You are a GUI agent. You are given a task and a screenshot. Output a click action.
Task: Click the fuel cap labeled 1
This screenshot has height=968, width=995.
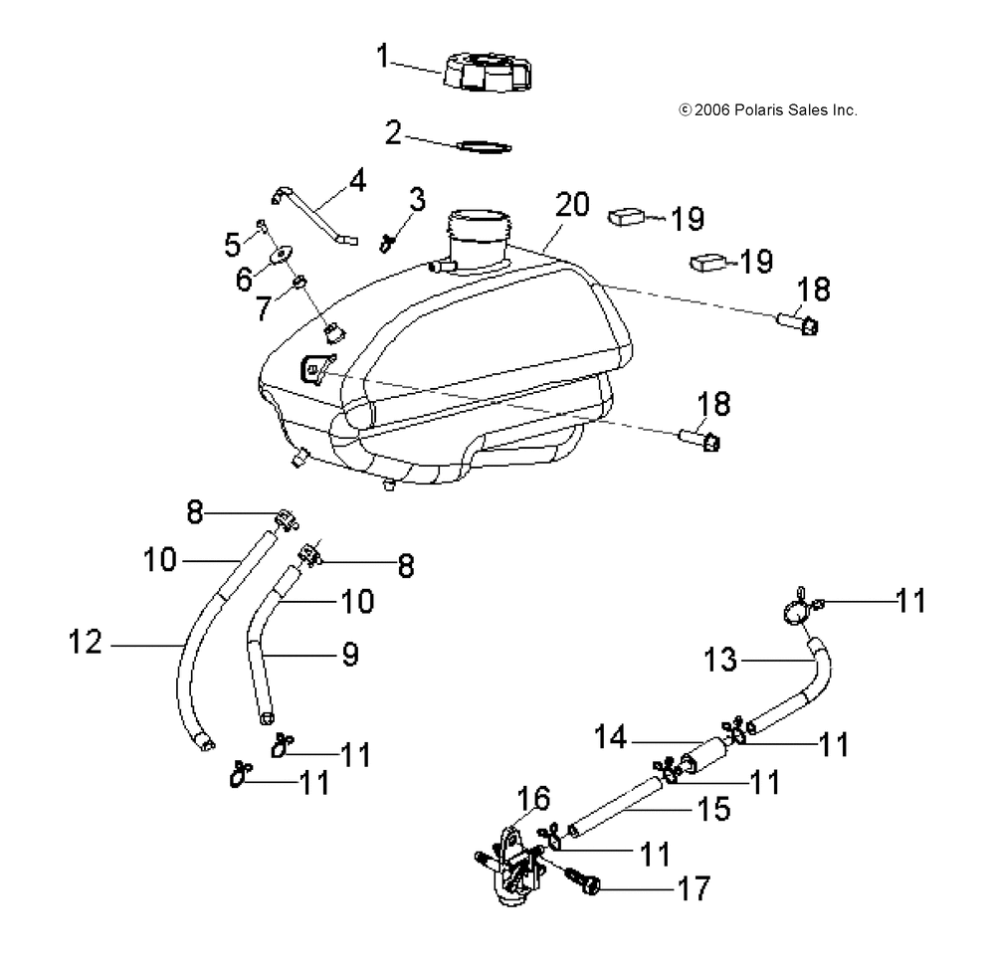coord(488,72)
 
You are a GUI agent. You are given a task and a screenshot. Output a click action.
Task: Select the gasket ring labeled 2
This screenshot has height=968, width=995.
coord(485,146)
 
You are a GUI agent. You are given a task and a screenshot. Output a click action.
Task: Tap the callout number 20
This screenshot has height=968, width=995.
coord(572,204)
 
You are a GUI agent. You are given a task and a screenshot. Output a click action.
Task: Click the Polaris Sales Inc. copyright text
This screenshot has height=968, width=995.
coord(768,110)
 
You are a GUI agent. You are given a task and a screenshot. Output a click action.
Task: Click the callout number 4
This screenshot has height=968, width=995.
coord(358,180)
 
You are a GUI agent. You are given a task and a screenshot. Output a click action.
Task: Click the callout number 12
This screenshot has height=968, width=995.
coord(85,642)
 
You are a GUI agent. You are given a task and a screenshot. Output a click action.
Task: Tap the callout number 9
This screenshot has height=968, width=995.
coord(350,654)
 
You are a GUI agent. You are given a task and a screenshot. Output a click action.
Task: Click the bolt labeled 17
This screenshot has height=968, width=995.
coord(584,880)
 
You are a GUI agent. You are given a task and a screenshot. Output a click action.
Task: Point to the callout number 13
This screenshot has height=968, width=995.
coord(720,660)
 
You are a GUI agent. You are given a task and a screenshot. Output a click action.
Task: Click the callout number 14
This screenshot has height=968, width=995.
coord(611,737)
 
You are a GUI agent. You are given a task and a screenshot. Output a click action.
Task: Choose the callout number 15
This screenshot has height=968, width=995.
coord(713,809)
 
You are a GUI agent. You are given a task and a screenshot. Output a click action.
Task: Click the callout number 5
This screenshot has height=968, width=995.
coord(233,244)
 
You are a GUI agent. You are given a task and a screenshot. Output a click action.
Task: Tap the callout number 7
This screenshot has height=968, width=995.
coord(264,308)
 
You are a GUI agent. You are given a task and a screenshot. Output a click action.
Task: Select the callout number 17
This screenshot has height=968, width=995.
coord(695,888)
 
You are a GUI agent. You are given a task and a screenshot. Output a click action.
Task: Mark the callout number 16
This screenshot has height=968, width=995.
coord(533,798)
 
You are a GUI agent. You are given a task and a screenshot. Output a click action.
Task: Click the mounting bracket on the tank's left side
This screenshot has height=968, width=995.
coord(316,368)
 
